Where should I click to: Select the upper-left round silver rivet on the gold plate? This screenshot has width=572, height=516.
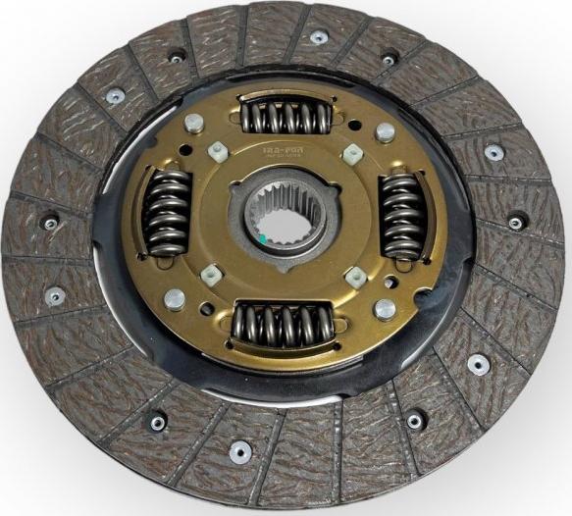click(x=194, y=123)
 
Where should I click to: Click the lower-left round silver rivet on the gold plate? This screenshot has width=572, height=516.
click(x=174, y=298)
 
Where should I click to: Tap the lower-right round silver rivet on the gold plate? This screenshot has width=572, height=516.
click(x=385, y=309)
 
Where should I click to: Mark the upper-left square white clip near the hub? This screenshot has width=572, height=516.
click(x=217, y=150)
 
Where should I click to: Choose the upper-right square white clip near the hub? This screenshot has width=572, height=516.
click(x=351, y=154)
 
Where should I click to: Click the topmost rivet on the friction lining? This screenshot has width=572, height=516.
click(x=319, y=37)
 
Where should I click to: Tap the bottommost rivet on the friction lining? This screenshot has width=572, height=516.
click(x=238, y=451)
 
